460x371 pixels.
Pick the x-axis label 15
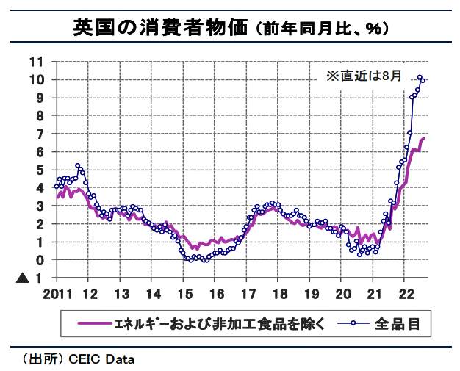tap(184, 295)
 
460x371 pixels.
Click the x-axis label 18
tap(279, 295)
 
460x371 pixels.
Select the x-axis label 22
tap(405, 295)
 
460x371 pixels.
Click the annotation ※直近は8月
tap(364, 75)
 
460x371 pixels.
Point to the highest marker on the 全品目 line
tap(420, 77)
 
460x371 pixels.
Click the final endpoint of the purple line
tap(424, 139)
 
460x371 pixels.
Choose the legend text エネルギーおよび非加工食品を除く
tap(223, 323)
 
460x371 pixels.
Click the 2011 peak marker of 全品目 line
tap(78, 166)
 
